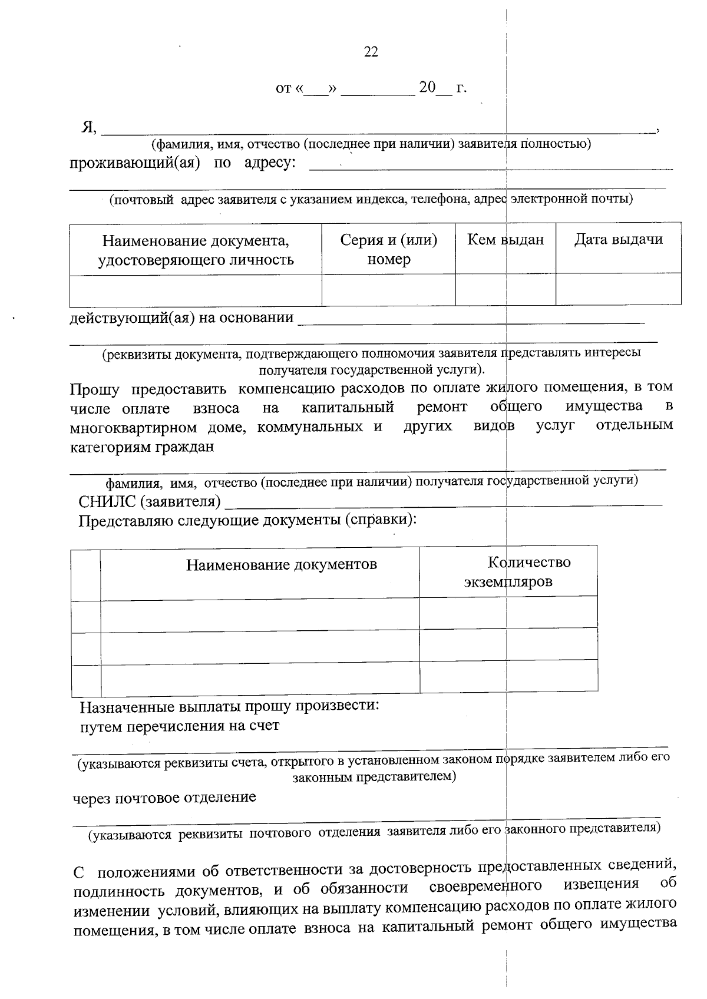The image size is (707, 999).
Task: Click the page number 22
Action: click(x=371, y=52)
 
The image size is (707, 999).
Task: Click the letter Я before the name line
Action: click(x=88, y=127)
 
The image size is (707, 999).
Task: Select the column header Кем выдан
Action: click(x=506, y=240)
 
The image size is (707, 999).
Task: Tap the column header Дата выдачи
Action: click(x=618, y=240)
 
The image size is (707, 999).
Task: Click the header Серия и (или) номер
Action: click(x=388, y=249)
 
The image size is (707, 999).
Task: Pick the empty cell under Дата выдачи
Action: click(x=618, y=289)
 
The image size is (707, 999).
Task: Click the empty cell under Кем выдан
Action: click(x=506, y=289)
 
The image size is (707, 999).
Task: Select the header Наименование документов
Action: click(x=282, y=565)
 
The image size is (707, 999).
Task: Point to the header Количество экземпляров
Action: click(x=508, y=572)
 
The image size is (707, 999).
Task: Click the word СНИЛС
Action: click(x=107, y=502)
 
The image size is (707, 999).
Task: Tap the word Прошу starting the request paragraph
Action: click(x=94, y=389)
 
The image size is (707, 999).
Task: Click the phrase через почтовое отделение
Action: click(x=164, y=798)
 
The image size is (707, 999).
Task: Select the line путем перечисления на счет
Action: click(x=180, y=726)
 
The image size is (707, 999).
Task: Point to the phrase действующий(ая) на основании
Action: click(x=181, y=319)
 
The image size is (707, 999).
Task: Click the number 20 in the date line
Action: click(x=427, y=88)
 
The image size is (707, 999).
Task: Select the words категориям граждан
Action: click(x=142, y=447)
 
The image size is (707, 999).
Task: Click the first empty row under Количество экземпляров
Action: click(x=508, y=613)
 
